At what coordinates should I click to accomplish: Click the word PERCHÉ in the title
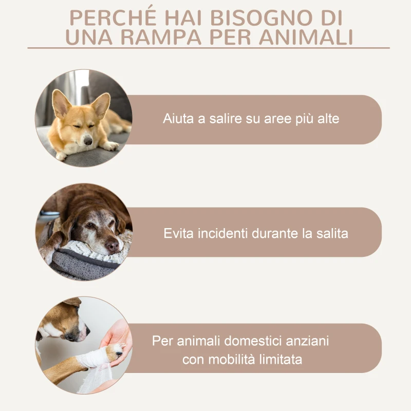click(105, 18)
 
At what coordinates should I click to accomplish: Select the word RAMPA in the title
click(164, 38)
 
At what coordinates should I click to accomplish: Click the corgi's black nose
click(88, 140)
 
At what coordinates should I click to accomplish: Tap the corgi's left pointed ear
click(61, 103)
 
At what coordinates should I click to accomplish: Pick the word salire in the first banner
click(222, 119)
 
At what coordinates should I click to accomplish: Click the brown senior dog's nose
click(111, 246)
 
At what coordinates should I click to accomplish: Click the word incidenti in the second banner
click(221, 233)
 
